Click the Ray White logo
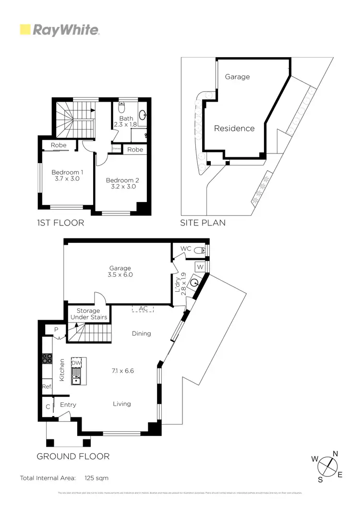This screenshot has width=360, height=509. pos(60,30)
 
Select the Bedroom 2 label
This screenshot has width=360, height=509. pos(122,180)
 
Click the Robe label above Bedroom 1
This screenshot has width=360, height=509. pos(59,145)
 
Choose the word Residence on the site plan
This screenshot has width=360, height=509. pos(234,128)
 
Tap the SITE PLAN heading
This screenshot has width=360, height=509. pos(203,223)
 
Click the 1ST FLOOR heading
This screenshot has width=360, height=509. pos(60,223)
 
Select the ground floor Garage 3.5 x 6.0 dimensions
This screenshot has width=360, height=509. pos(120,275)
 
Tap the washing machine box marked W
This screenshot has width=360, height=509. pos(200,266)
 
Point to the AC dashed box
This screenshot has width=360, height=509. pos(143,308)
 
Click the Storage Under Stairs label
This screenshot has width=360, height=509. pos(88,314)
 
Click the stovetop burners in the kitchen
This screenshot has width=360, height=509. pos(48,358)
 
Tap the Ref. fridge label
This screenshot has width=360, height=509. pos(47,386)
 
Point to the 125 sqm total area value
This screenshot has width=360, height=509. pos(96,478)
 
